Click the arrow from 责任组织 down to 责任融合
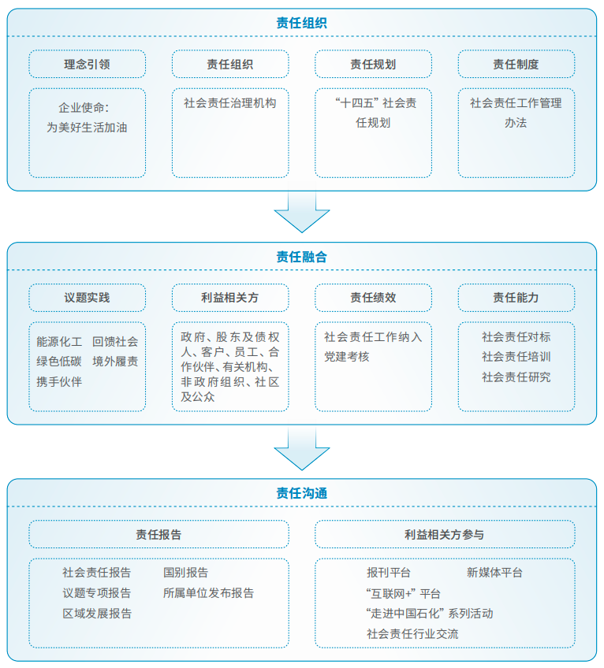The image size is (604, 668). tap(302, 213)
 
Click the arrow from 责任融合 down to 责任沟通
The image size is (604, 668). tap(302, 451)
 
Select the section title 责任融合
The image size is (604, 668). tap(302, 257)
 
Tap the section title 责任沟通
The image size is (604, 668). tap(302, 493)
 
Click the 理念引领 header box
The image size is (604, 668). tap(87, 65)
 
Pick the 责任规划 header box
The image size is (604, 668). tap(373, 65)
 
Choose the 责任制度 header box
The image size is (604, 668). tap(516, 65)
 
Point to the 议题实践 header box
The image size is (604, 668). tap(87, 299)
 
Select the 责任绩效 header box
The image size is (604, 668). tap(373, 299)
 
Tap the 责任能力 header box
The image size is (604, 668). tap(516, 299)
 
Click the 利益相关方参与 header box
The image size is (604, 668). tap(444, 535)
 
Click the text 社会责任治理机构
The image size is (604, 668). tap(230, 102)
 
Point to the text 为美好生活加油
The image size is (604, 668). tap(87, 126)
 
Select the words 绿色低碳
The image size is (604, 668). tap(59, 362)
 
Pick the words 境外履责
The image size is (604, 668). tap(115, 362)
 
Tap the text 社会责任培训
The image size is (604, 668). tap(516, 357)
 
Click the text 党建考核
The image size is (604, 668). tap(347, 357)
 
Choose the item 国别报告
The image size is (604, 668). tap(186, 573)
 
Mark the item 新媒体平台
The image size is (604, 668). tap(494, 573)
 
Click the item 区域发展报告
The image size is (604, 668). tap(97, 614)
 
